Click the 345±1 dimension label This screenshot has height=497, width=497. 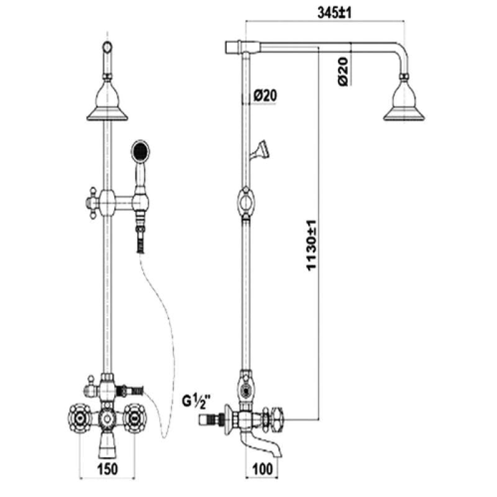tap(334, 13)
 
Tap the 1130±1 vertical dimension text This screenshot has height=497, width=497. tap(312, 245)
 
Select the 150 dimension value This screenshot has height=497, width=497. tap(107, 469)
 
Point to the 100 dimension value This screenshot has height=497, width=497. tap(263, 469)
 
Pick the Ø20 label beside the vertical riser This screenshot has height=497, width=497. tap(265, 95)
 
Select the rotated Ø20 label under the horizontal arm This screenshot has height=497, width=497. tap(344, 71)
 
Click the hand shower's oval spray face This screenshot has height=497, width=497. tap(140, 150)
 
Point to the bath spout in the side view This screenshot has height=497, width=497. tap(260, 444)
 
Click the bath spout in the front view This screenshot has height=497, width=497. tap(107, 446)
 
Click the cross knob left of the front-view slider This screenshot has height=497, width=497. tap(93, 203)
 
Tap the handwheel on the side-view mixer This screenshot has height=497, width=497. tap(276, 419)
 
